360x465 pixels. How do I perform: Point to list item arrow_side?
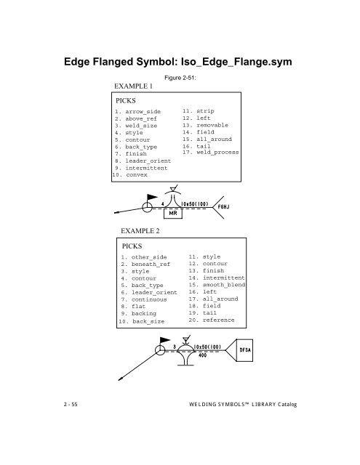click(142, 112)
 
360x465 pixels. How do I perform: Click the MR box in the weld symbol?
click(175, 214)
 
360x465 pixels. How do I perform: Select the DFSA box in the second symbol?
click(249, 350)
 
